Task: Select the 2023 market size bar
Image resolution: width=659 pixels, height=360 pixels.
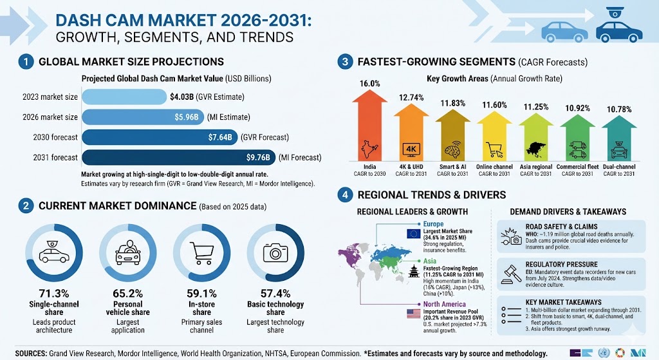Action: [x=124, y=97]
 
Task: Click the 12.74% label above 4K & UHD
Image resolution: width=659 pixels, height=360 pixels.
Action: [x=411, y=98]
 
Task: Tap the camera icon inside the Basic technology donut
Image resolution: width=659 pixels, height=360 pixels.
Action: [x=275, y=252]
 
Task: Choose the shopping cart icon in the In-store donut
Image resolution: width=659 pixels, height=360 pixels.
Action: [x=201, y=253]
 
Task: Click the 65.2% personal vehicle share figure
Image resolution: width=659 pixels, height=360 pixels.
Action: [x=127, y=293]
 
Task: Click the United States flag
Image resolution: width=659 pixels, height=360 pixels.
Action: [x=413, y=314]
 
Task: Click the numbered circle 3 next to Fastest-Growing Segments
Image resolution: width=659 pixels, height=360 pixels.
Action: [x=346, y=62]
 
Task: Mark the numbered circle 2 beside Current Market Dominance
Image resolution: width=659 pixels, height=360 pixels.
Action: [x=26, y=206]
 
